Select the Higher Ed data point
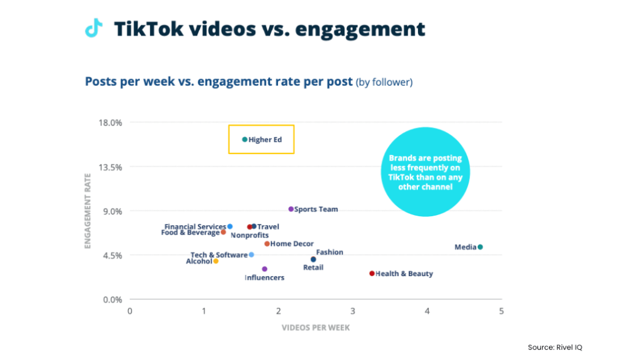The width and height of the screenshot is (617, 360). click(x=244, y=140)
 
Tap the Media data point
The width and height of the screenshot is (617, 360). click(x=480, y=247)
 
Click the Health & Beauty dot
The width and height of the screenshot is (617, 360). click(x=372, y=274)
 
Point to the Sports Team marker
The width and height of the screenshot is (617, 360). click(x=291, y=209)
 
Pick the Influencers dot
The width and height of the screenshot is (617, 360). click(x=264, y=269)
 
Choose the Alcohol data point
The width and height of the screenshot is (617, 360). click(x=215, y=261)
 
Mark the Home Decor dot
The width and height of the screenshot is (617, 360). click(x=267, y=244)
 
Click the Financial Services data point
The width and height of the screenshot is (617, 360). click(x=230, y=227)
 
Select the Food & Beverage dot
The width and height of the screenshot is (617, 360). click(x=223, y=232)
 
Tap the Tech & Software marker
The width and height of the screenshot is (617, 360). click(x=252, y=255)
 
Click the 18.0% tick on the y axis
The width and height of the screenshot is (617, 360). click(x=110, y=123)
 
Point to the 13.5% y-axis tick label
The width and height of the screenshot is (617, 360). click(x=110, y=167)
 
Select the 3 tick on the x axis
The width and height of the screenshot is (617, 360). click(x=353, y=311)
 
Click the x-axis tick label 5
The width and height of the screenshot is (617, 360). click(x=501, y=311)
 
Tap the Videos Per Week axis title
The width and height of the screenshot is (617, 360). click(x=315, y=328)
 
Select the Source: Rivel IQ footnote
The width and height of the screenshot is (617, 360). click(x=555, y=347)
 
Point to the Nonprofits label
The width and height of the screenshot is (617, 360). click(x=250, y=235)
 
